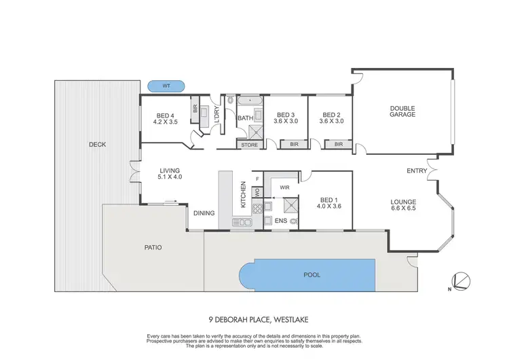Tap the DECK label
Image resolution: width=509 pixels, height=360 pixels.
pyautogui.click(x=97, y=144)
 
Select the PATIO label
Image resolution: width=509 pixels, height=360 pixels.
pyautogui.click(x=153, y=247)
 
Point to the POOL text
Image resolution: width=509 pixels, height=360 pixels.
pyautogui.click(x=312, y=275)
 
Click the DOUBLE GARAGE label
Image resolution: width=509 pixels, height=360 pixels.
pyautogui.click(x=402, y=111)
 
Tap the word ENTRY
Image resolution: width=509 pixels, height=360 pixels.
pyautogui.click(x=416, y=170)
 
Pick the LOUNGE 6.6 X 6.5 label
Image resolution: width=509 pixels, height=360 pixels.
pyautogui.click(x=403, y=206)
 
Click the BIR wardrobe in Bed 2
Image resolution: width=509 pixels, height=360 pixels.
pyautogui.click(x=338, y=145)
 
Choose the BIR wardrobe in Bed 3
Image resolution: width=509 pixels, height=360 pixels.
pyautogui.click(x=294, y=145)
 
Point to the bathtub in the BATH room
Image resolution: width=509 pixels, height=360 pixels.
pyautogui.click(x=252, y=101)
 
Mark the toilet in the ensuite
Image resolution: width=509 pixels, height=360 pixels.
pyautogui.click(x=295, y=221)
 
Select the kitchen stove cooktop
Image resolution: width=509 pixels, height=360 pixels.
pyautogui.click(x=269, y=206)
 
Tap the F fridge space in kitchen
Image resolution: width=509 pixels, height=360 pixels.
pyautogui.click(x=257, y=179)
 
